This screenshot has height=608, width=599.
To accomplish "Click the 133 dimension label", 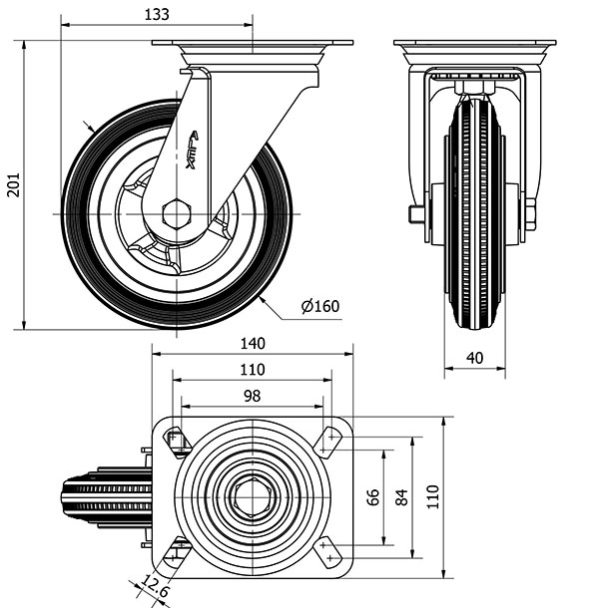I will coord(157,14).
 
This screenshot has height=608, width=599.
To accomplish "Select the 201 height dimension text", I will coord(13,184).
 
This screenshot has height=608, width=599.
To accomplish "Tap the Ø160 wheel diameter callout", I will coord(319,306).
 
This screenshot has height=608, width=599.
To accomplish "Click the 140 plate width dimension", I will coord(252,343).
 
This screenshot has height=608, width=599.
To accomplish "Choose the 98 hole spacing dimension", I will coord(252,396).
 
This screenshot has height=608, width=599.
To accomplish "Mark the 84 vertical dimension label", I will coord(402,497).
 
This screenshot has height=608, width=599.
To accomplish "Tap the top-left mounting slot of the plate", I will coord(176,439).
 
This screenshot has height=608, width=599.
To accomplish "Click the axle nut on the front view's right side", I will coord(529,213).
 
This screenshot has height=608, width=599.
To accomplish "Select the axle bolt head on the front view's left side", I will coord(413,214).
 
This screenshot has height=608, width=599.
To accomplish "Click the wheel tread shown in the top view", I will coord(100,496).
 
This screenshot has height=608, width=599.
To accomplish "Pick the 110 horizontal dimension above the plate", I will coord(252,369).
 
